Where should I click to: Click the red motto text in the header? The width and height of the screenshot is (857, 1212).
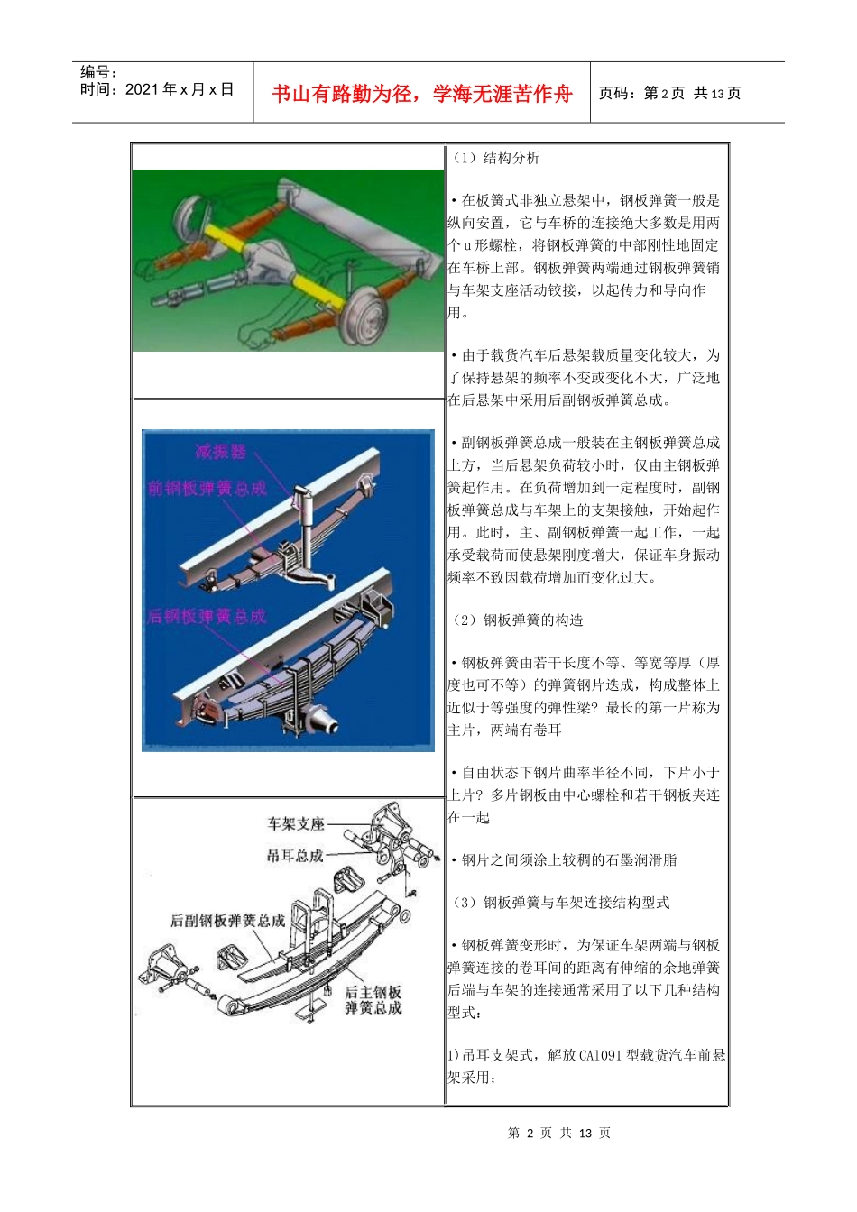pos(421,94)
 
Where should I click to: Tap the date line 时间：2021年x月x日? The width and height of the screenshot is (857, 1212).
pos(157,90)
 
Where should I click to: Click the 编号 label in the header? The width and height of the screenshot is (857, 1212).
pos(99,72)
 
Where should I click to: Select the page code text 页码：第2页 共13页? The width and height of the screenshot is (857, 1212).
pos(669,94)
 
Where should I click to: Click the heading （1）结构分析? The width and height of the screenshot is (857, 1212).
pos(496,158)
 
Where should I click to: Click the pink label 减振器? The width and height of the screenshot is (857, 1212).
pos(220,452)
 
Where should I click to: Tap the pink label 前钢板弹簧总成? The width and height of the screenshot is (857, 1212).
pos(207,488)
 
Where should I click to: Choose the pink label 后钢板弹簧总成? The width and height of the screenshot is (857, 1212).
pos(207,617)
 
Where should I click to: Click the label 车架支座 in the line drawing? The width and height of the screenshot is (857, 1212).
pos(295,823)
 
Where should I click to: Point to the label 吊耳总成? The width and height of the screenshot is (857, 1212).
pos(295,855)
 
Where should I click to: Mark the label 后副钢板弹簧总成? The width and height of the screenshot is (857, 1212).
pos(227,921)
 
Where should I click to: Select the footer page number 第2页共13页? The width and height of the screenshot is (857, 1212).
pos(559,1134)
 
